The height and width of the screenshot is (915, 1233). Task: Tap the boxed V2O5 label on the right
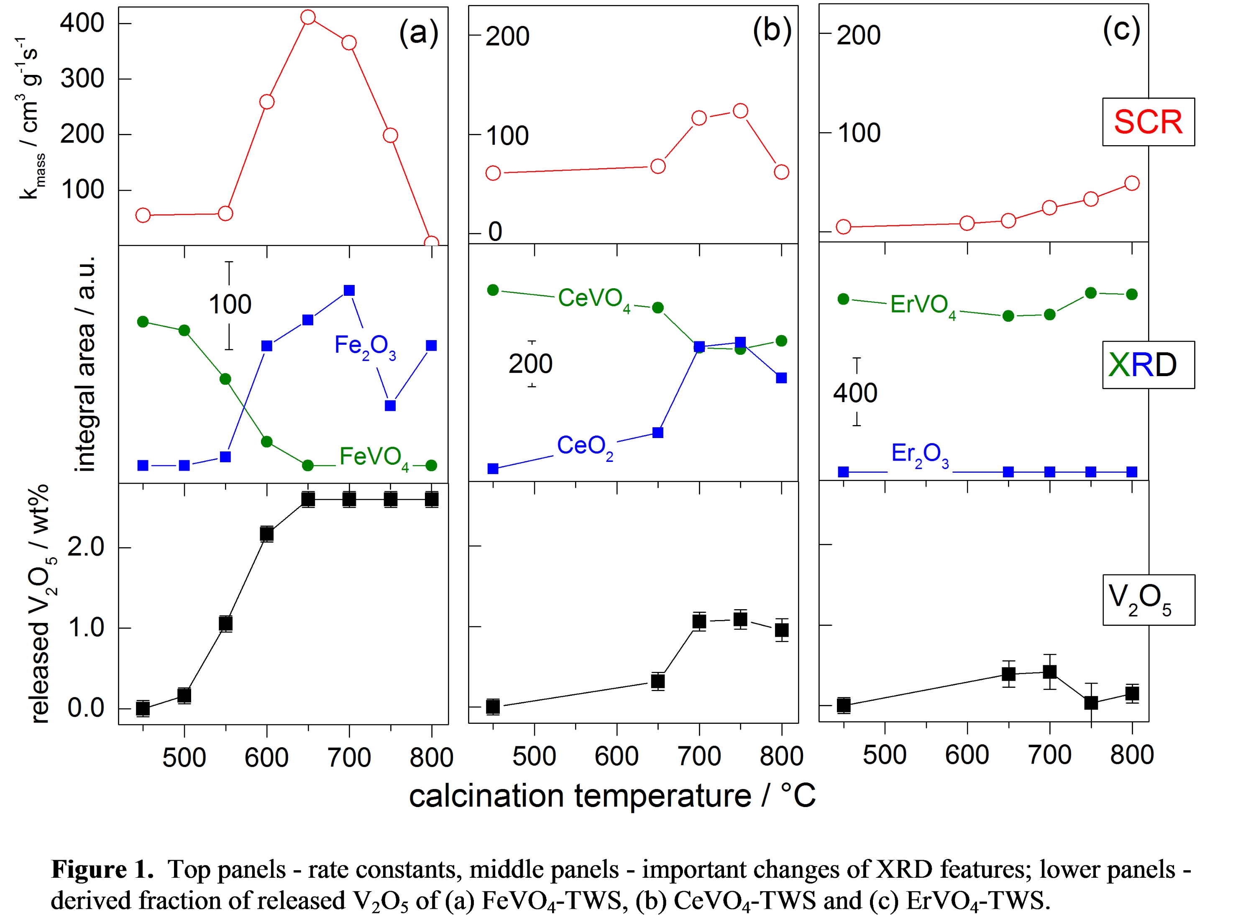[x=1148, y=600]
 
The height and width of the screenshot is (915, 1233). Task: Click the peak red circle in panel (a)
[x=308, y=17]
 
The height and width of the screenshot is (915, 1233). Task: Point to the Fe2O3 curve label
[x=365, y=347]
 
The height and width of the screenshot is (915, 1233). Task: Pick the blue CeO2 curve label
[x=585, y=446]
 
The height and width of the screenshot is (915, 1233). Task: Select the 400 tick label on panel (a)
[x=82, y=23]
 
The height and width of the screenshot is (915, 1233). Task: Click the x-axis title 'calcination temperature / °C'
[x=612, y=796]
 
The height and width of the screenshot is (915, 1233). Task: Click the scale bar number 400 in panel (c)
[x=855, y=393]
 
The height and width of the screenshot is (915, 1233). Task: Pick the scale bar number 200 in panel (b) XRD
[x=530, y=364]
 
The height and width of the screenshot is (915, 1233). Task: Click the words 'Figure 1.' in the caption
[x=102, y=869]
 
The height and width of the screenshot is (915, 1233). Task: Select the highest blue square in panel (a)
[x=349, y=290]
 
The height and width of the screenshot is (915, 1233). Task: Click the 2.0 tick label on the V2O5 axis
[x=86, y=547]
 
